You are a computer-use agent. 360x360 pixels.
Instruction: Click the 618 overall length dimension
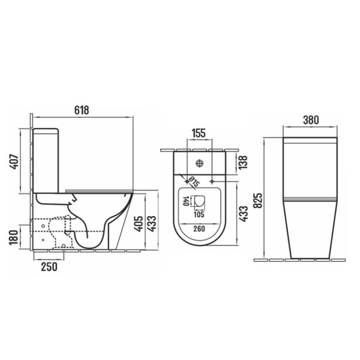click(x=82, y=110)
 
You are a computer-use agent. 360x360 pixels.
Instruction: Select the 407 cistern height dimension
click(x=14, y=161)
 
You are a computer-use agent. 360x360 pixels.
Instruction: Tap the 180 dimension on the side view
click(x=14, y=238)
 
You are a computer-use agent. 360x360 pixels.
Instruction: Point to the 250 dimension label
click(x=49, y=267)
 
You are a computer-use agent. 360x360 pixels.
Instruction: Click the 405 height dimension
click(x=139, y=223)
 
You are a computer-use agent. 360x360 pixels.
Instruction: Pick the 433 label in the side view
click(x=152, y=223)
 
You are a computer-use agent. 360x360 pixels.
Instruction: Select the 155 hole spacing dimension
click(x=199, y=133)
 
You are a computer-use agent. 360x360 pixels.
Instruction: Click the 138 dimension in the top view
click(x=243, y=162)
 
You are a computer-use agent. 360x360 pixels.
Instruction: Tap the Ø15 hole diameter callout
click(x=194, y=182)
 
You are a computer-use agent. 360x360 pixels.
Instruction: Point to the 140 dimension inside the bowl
click(x=186, y=201)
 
